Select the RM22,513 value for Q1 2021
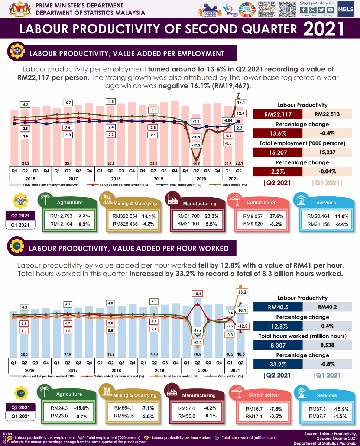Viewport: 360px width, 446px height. click(327, 114)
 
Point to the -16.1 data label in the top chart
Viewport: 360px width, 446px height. click(196, 137)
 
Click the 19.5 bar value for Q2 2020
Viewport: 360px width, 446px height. click(197, 164)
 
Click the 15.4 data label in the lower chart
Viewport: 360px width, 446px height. click(197, 294)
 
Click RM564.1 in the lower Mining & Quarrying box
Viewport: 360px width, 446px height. click(123, 408)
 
